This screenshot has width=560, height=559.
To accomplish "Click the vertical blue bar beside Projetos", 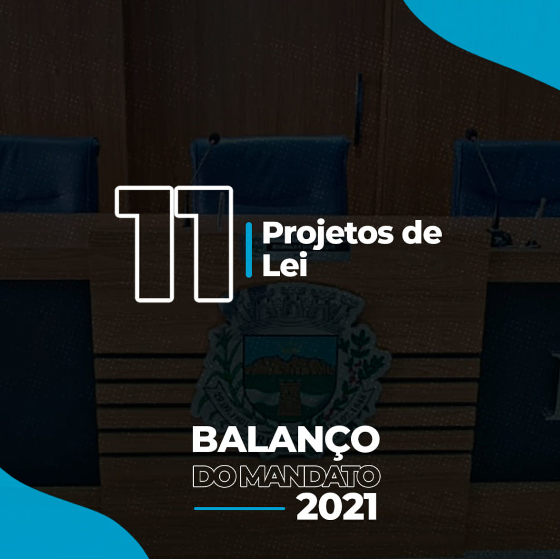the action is tap(249, 250).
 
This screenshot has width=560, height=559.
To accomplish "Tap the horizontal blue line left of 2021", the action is tap(240, 508).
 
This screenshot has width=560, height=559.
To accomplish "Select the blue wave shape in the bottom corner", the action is tap(54, 522).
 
